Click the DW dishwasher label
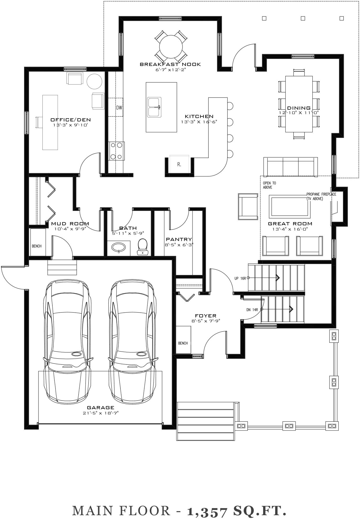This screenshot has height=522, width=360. pyautogui.click(x=119, y=107)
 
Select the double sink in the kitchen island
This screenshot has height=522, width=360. pyautogui.click(x=154, y=107)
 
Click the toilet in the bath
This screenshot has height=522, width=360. pyautogui.click(x=143, y=246)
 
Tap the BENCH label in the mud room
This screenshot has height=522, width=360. pyautogui.click(x=37, y=246)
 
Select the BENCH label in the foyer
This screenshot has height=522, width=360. pyautogui.click(x=183, y=343)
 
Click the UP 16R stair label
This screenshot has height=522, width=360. pyautogui.click(x=240, y=278)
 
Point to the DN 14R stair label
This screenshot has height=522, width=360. pyautogui.click(x=252, y=310)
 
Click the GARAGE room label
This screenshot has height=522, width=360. pyautogui.click(x=101, y=407)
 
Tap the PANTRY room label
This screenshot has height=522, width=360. pyautogui.click(x=179, y=239)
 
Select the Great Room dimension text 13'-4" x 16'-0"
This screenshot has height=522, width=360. pyautogui.click(x=290, y=229)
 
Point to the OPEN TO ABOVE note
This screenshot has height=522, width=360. pyautogui.click(x=269, y=185)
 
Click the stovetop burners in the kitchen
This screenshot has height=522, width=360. pyautogui.click(x=117, y=151)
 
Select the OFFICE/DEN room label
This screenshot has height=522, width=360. pyautogui.click(x=71, y=120)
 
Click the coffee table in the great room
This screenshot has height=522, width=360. pyautogui.click(x=290, y=206)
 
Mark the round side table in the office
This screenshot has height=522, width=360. pyautogui.click(x=94, y=81)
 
